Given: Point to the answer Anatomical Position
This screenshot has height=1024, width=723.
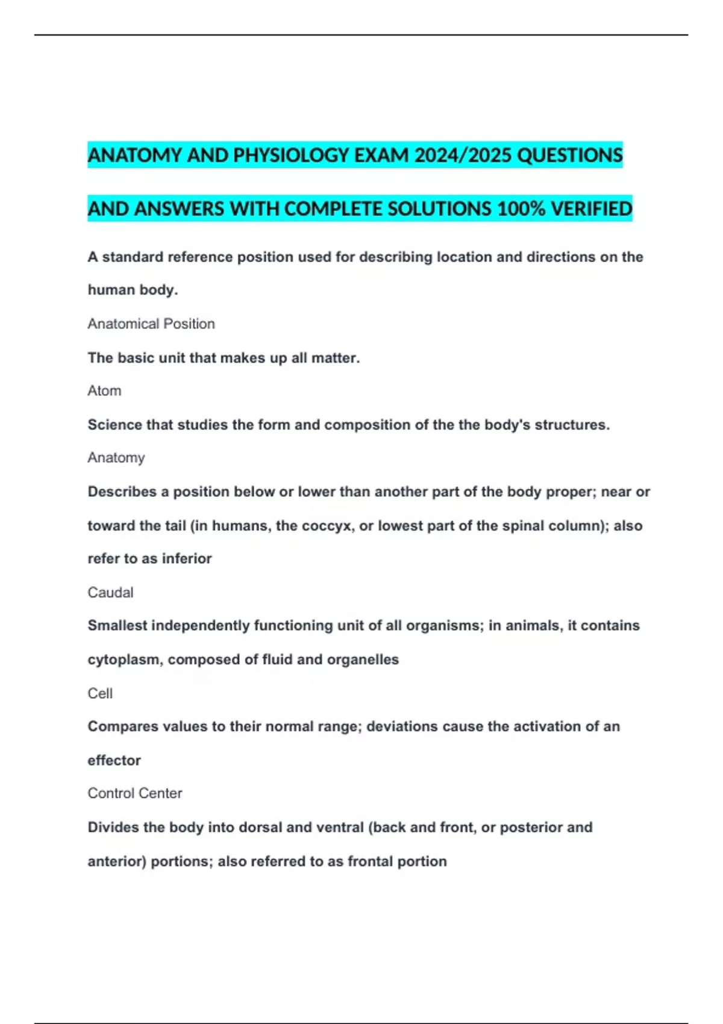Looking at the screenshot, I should pyautogui.click(x=151, y=324).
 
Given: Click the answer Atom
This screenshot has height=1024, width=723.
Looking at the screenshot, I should pyautogui.click(x=104, y=391).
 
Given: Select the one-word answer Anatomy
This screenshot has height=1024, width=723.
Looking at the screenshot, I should pyautogui.click(x=116, y=458).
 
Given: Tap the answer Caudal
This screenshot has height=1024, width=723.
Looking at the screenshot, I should pyautogui.click(x=110, y=593).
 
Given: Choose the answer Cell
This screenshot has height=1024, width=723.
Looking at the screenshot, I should pyautogui.click(x=100, y=694).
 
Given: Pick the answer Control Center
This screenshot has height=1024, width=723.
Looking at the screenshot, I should pyautogui.click(x=135, y=793).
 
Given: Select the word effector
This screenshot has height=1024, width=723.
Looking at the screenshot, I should pyautogui.click(x=114, y=761).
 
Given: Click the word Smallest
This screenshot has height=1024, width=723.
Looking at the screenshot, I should pyautogui.click(x=117, y=626).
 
